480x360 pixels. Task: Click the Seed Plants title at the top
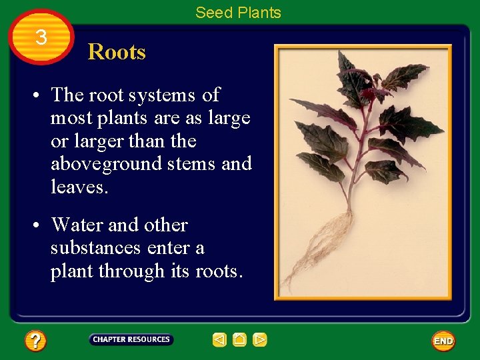(x=238, y=13)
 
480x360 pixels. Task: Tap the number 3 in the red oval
(x=41, y=37)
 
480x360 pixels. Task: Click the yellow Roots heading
(x=117, y=52)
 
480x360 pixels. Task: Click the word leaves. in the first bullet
(x=78, y=187)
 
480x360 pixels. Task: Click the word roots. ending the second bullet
(x=219, y=271)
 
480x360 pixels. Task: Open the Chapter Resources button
(x=131, y=339)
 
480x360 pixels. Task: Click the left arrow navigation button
(x=219, y=340)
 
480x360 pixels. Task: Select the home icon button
(x=239, y=340)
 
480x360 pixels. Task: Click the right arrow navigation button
(x=260, y=340)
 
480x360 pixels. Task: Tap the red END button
(x=443, y=341)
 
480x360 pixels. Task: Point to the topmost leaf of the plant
(x=347, y=67)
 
